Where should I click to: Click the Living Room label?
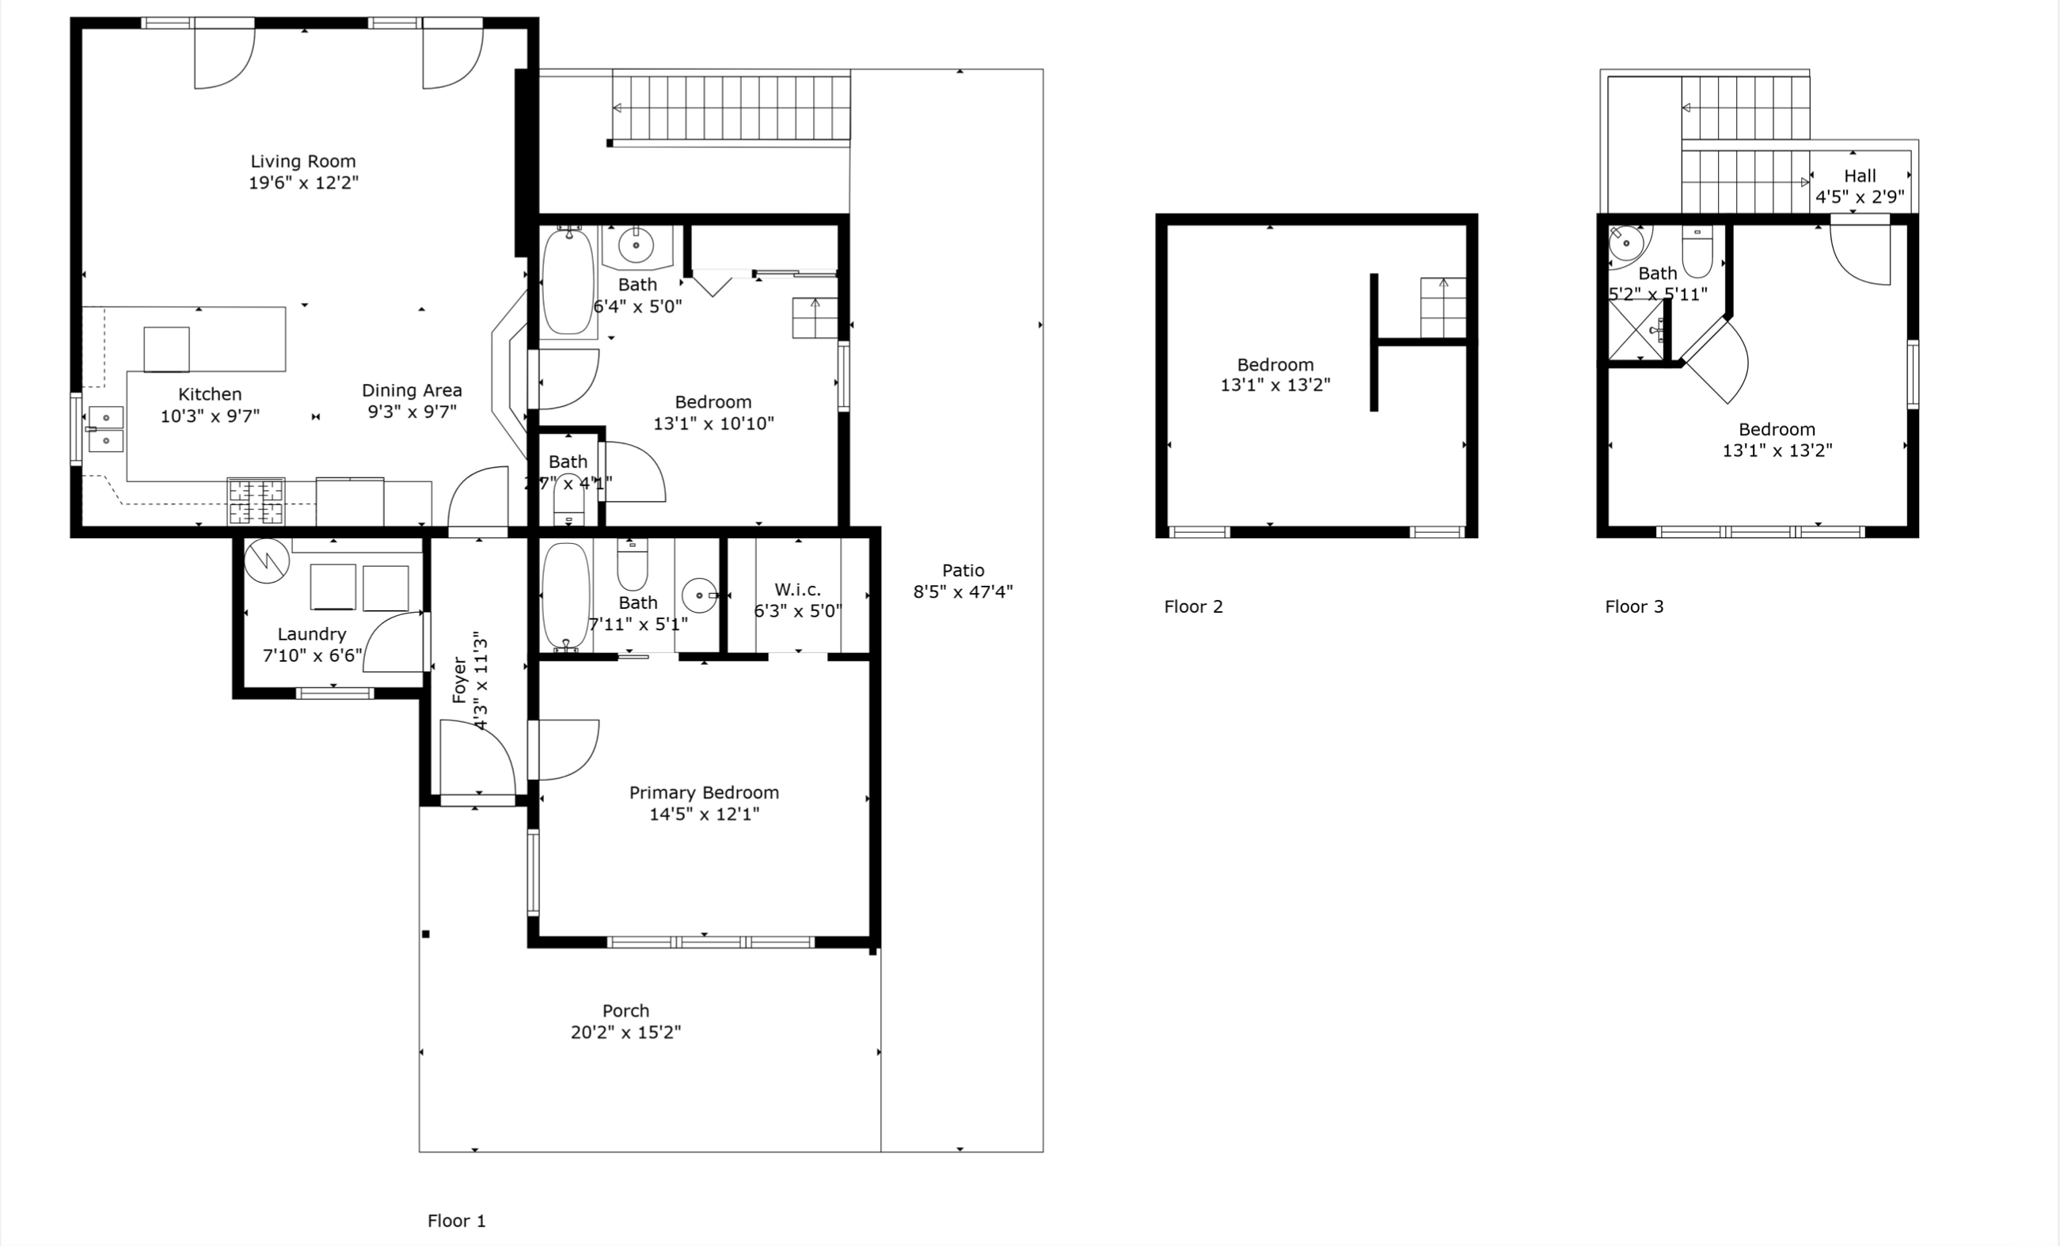302,161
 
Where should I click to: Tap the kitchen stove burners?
256,501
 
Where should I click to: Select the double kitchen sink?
106,429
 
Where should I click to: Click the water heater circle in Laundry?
267,560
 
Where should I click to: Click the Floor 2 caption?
1193,606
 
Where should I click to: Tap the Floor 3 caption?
1633,606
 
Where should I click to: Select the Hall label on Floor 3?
1860,177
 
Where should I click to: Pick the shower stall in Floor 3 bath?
1636,331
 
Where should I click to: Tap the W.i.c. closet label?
797,590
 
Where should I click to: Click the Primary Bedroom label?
704,792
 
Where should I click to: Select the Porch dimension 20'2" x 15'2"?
625,1032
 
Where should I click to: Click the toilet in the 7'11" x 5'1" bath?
632,565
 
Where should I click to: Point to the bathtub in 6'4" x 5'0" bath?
568,282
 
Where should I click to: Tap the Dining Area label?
412,390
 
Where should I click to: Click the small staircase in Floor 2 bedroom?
1442,307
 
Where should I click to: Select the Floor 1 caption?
457,1221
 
